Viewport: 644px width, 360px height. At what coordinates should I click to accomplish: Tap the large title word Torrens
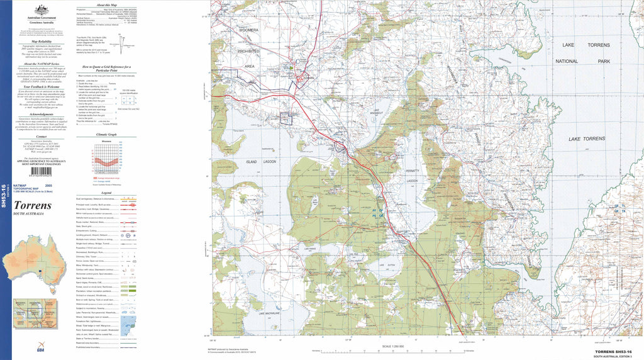33,205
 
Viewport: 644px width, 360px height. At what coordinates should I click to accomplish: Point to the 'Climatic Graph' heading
106,135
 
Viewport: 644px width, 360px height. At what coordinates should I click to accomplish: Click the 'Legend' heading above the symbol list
106,193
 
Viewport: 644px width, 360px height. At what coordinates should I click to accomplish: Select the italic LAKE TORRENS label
586,138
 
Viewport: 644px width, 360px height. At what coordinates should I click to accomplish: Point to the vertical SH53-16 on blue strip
5,196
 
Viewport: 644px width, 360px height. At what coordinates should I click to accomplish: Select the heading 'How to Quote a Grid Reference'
106,67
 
